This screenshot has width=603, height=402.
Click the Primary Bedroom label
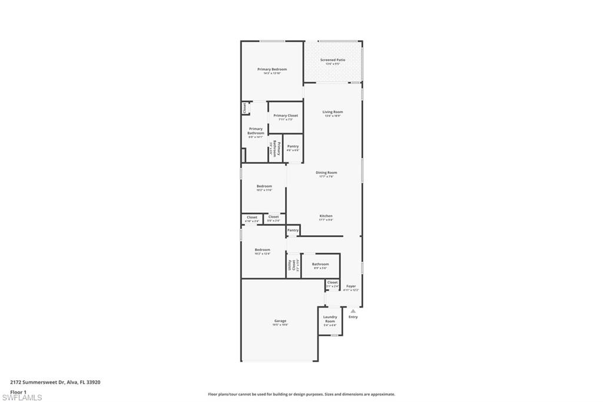pyautogui.click(x=272, y=70)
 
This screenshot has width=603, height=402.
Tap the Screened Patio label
pyautogui.click(x=333, y=60)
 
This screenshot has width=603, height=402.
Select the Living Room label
pyautogui.click(x=333, y=112)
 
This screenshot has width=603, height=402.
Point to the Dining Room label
pyautogui.click(x=326, y=173)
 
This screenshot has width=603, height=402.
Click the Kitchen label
pyautogui.click(x=326, y=216)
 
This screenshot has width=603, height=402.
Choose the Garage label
pyautogui.click(x=280, y=321)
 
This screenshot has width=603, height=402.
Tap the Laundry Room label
pyautogui.click(x=330, y=319)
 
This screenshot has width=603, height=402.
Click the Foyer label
pyautogui.click(x=351, y=286)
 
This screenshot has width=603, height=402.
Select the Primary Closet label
pyautogui.click(x=286, y=116)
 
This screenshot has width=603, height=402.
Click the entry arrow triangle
pyautogui.click(x=353, y=311)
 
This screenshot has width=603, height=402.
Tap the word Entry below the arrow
pyautogui.click(x=353, y=317)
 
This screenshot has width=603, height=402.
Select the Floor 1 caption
pyautogui.click(x=18, y=391)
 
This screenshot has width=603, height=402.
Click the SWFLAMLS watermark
pyautogui.click(x=22, y=398)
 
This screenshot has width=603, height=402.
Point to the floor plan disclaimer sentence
pyautogui.click(x=301, y=394)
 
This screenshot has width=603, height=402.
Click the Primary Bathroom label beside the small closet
pyautogui.click(x=256, y=131)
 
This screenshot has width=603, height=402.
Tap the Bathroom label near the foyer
pyautogui.click(x=320, y=264)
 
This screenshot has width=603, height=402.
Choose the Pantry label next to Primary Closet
pyautogui.click(x=293, y=146)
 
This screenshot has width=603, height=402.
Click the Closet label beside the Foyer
pyautogui.click(x=332, y=283)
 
